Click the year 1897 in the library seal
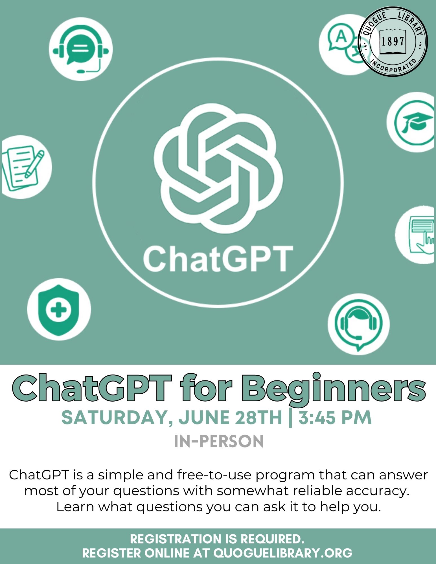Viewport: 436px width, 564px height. coord(393,42)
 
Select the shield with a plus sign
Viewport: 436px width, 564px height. coord(59,310)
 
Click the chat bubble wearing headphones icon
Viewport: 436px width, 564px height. coord(81,49)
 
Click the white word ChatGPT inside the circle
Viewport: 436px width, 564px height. coord(218,258)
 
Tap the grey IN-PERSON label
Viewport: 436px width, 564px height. coord(219,442)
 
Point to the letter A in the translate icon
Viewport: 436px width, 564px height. coord(341,36)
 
